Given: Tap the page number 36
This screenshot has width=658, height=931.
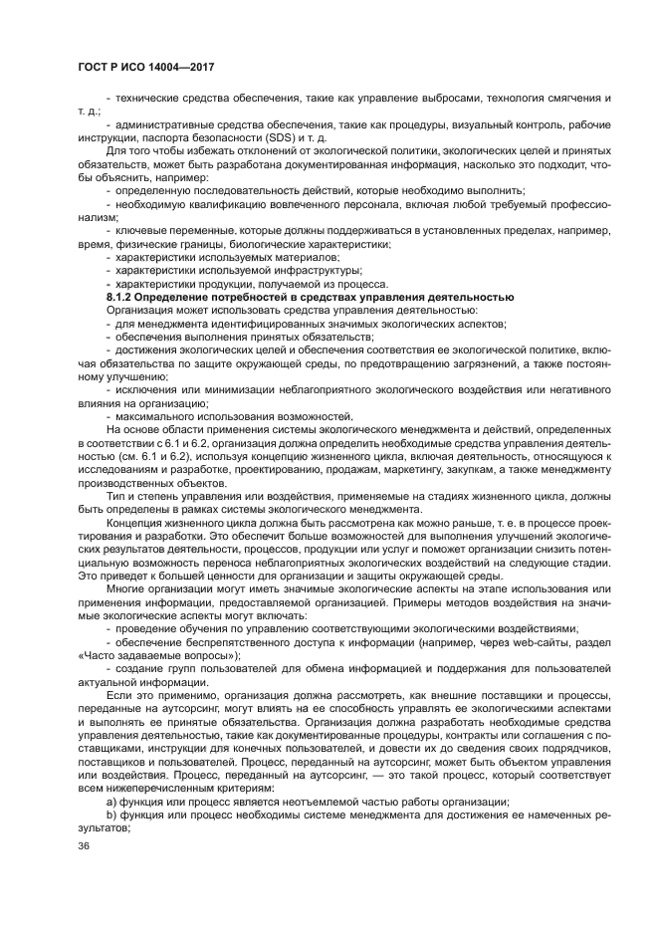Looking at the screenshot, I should coord(84,845).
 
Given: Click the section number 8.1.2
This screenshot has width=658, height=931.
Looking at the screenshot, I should coord(121,298).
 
